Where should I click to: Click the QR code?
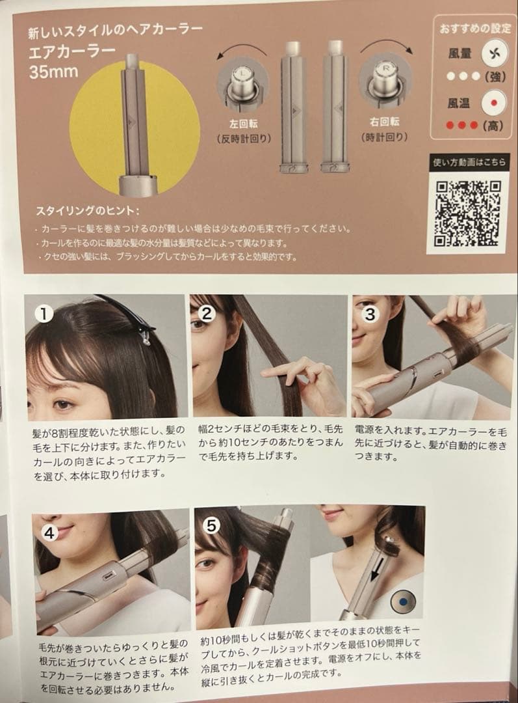(x=467, y=213)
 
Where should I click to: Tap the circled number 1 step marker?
(x=44, y=313)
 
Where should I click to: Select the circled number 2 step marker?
(x=207, y=313)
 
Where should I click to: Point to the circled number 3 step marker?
(x=370, y=314)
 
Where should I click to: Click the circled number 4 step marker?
(x=49, y=532)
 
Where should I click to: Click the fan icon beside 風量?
(x=494, y=54)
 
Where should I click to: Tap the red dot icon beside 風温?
(x=494, y=103)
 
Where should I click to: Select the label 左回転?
(x=243, y=124)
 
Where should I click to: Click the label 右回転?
(x=384, y=122)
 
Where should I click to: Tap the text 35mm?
(x=53, y=72)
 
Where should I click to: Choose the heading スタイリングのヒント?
(x=87, y=211)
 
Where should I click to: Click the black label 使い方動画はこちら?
(x=469, y=162)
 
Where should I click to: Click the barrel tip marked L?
(x=242, y=83)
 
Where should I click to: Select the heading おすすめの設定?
(x=475, y=29)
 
